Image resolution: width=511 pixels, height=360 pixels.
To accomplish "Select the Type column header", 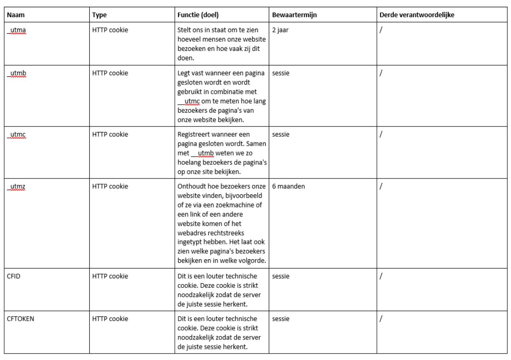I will tap(99, 15).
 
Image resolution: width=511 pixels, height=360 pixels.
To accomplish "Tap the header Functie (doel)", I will tap(198, 15).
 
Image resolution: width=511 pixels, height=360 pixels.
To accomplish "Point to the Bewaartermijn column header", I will tap(294, 15).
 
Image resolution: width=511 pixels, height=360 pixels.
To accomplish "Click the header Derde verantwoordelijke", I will tap(417, 15).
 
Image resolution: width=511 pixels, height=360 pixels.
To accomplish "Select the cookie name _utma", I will tap(16, 31).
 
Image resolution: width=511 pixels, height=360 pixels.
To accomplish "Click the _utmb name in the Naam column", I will tap(16, 73).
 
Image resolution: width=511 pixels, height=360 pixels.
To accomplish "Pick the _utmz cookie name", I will tap(16, 187).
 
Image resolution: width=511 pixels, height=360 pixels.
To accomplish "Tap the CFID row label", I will tap(14, 276).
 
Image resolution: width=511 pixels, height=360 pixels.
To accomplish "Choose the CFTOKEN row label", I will tap(21, 319).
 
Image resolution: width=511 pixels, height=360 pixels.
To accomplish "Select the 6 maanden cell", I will tap(288, 187).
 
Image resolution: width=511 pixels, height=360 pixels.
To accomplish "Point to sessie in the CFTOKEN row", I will tap(280, 319).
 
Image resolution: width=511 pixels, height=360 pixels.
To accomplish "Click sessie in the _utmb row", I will tap(280, 73).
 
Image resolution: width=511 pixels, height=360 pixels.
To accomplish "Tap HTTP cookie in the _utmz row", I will tap(110, 187).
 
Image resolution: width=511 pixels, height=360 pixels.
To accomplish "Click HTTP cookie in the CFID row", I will tap(110, 276).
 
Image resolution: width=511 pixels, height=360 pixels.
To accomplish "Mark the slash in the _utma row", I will tap(380, 31).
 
